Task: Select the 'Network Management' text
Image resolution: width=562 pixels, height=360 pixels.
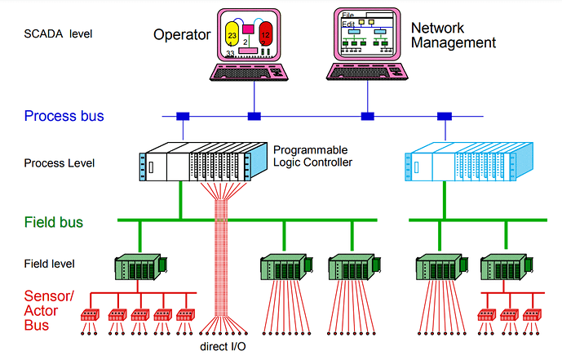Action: (453, 34)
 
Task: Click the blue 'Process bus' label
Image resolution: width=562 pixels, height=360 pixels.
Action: (64, 116)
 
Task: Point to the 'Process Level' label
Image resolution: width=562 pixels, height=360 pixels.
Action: (59, 162)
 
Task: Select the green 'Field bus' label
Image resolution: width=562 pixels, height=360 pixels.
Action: (54, 221)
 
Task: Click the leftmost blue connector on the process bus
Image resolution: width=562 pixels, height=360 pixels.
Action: (183, 115)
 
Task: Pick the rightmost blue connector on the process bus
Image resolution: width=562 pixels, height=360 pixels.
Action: (445, 115)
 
